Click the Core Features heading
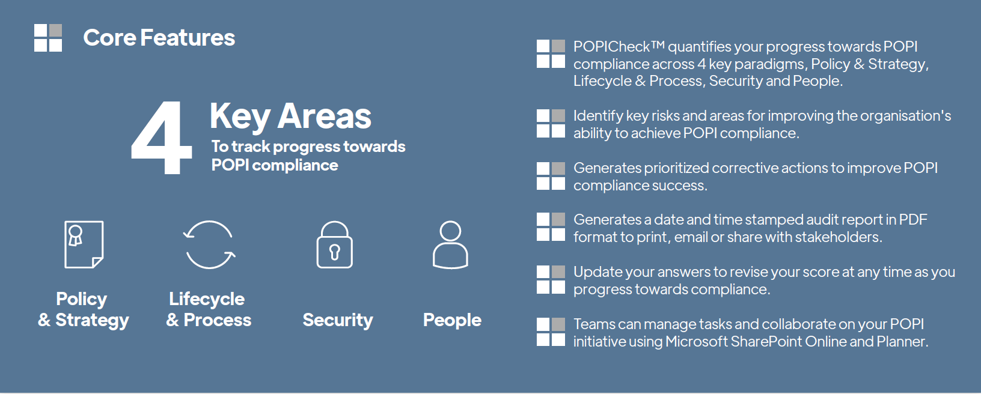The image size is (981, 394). pyautogui.click(x=159, y=38)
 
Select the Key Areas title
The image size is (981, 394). pyautogui.click(x=290, y=117)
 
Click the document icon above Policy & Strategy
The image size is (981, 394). pyautogui.click(x=84, y=244)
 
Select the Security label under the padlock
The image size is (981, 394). pyautogui.click(x=338, y=320)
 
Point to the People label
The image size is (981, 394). pyautogui.click(x=452, y=320)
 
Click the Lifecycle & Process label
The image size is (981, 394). pyautogui.click(x=209, y=309)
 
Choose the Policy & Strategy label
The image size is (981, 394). pyautogui.click(x=83, y=309)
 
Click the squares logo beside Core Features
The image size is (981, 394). pyautogui.click(x=48, y=38)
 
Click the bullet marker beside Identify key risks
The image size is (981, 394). pyautogui.click(x=551, y=124)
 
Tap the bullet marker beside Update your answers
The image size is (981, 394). pyautogui.click(x=551, y=279)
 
